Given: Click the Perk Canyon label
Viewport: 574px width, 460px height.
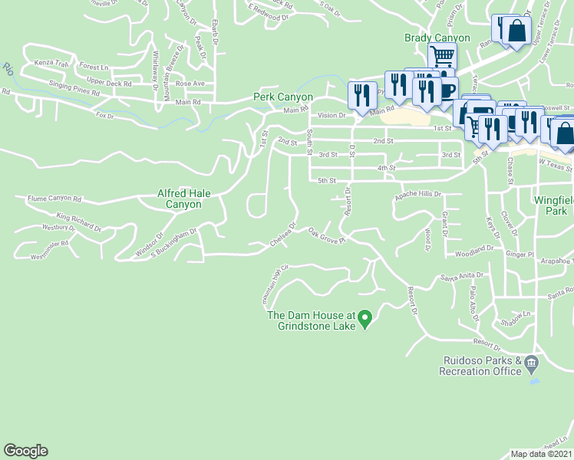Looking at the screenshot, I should (x=283, y=97).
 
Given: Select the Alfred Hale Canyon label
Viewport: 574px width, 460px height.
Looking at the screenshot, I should (x=183, y=199).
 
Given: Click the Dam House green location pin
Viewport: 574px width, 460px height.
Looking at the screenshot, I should (x=366, y=317).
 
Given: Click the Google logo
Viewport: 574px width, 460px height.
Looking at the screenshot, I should (x=25, y=451).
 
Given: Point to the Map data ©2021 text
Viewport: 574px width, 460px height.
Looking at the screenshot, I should (x=541, y=454).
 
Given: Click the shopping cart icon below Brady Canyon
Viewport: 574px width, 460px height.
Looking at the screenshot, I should (x=442, y=56).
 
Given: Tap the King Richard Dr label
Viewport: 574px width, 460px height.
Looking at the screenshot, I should (x=78, y=222).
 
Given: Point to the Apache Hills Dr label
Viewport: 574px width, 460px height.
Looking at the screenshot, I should (x=419, y=195).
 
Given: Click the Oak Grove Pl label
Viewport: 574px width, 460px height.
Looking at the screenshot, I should (x=327, y=235).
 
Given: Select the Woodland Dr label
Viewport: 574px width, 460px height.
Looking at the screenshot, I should (x=473, y=250).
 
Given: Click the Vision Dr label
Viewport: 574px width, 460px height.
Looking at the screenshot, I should (x=332, y=115).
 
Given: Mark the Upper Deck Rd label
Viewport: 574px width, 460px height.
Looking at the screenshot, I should (x=109, y=82).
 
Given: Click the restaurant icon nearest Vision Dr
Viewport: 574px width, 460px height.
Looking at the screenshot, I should (x=361, y=94).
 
